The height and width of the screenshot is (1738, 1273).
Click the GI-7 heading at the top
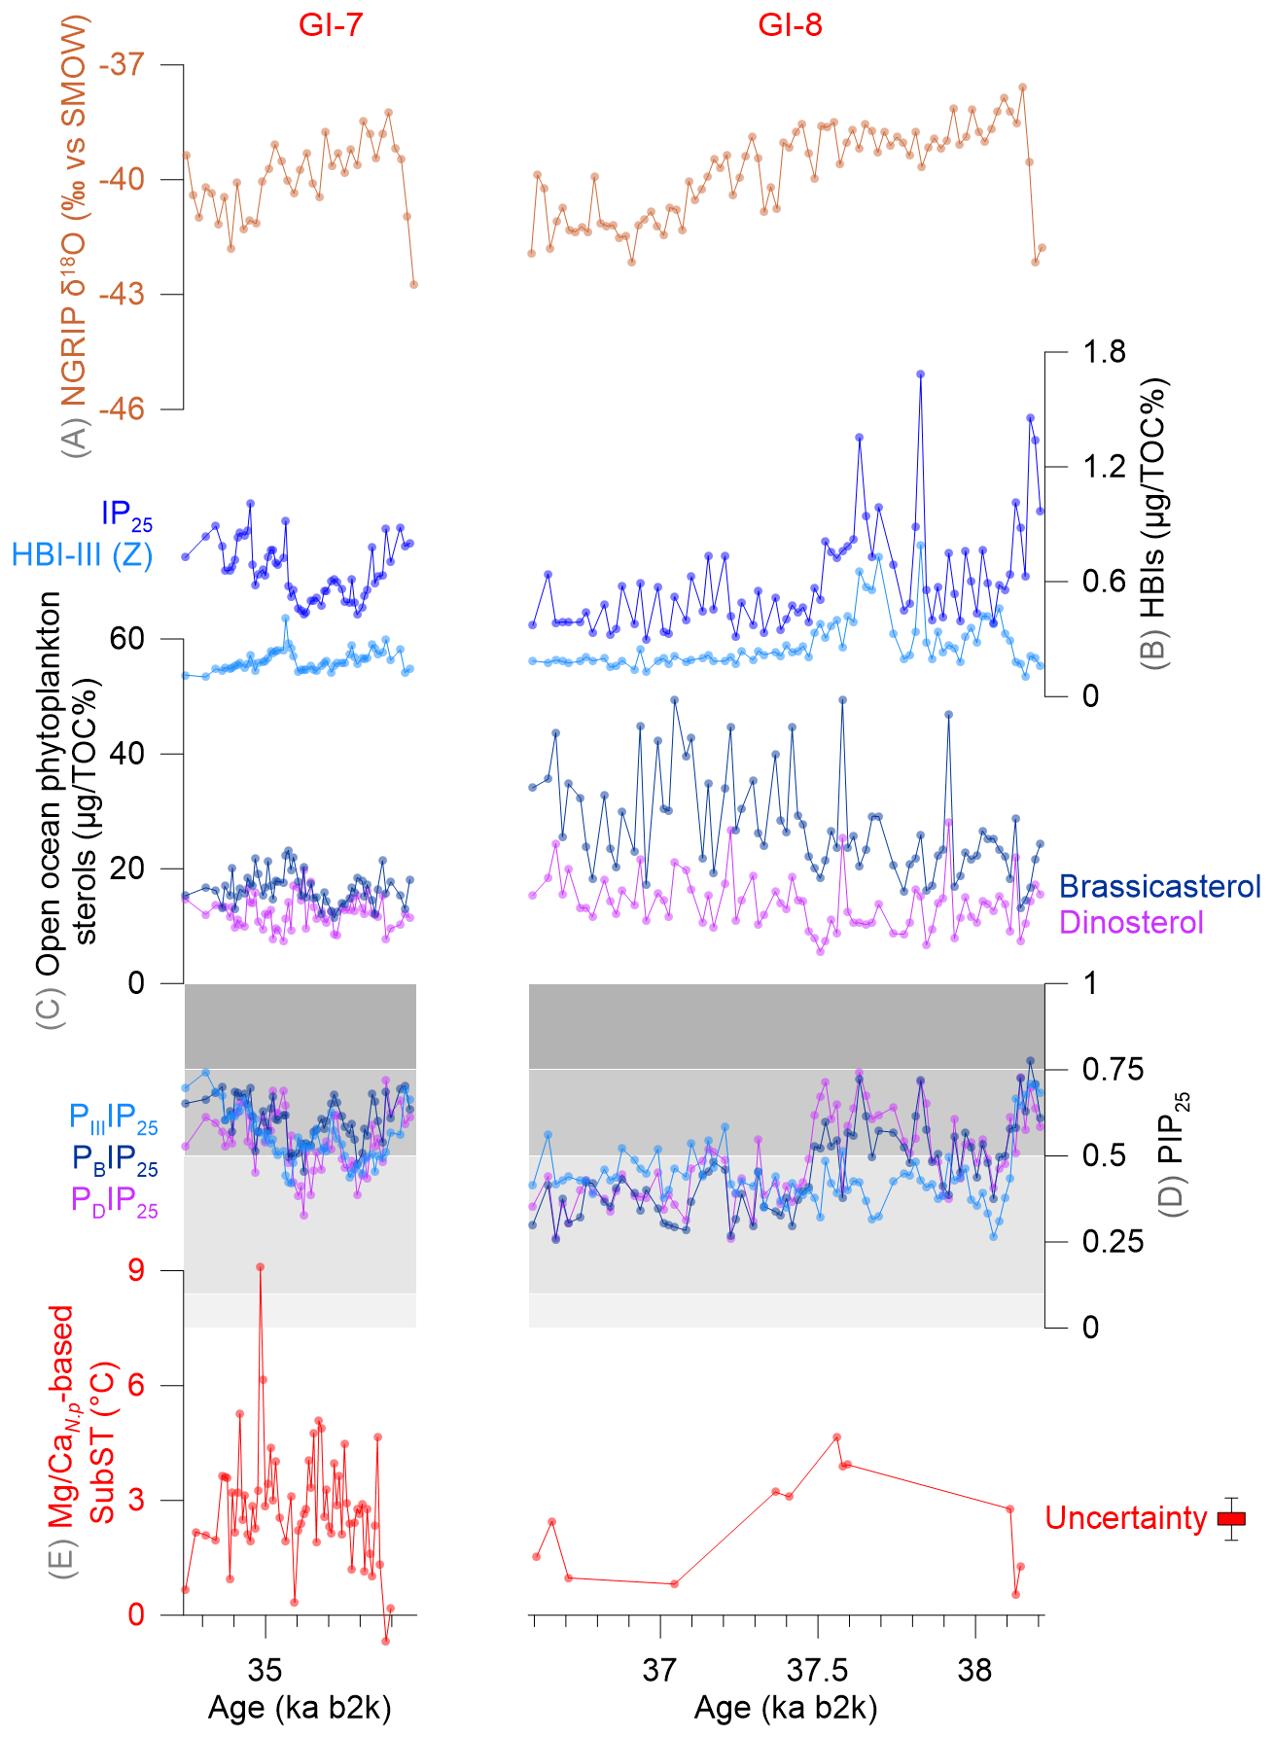(x=331, y=24)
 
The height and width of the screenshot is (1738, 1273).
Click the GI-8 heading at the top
(x=790, y=24)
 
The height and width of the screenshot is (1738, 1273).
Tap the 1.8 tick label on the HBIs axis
(x=1104, y=352)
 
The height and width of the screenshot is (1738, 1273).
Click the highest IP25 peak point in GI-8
(x=920, y=373)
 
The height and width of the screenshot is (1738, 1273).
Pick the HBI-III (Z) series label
(x=82, y=555)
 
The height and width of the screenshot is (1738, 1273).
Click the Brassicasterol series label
(x=1159, y=886)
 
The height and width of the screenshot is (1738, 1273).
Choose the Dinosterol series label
(x=1131, y=922)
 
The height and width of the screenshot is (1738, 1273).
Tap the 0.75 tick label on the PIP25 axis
(x=1113, y=1070)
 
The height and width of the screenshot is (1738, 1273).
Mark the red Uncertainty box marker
(x=1231, y=1518)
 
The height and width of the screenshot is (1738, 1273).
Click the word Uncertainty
(x=1125, y=1518)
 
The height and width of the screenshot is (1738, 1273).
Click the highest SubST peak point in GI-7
(x=260, y=1266)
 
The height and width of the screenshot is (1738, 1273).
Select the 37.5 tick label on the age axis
(x=817, y=1670)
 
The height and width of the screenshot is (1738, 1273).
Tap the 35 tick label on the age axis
(x=265, y=1670)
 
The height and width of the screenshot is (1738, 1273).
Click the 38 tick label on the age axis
(x=974, y=1670)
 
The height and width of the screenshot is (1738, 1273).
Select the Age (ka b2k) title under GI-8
(x=786, y=1709)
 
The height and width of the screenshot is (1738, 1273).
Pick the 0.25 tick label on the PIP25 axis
(x=1113, y=1242)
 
